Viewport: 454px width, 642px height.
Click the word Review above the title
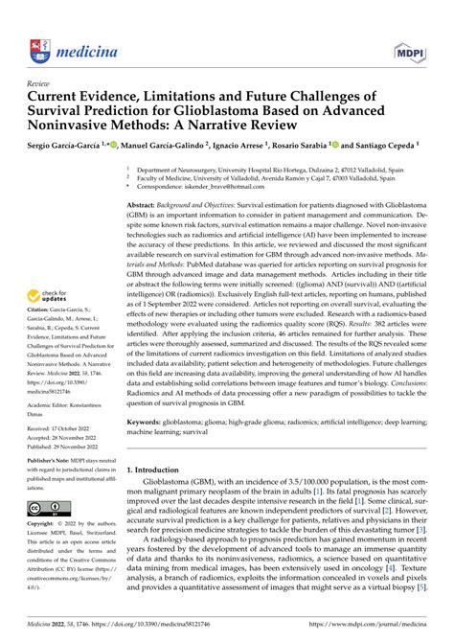pyautogui.click(x=41, y=83)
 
